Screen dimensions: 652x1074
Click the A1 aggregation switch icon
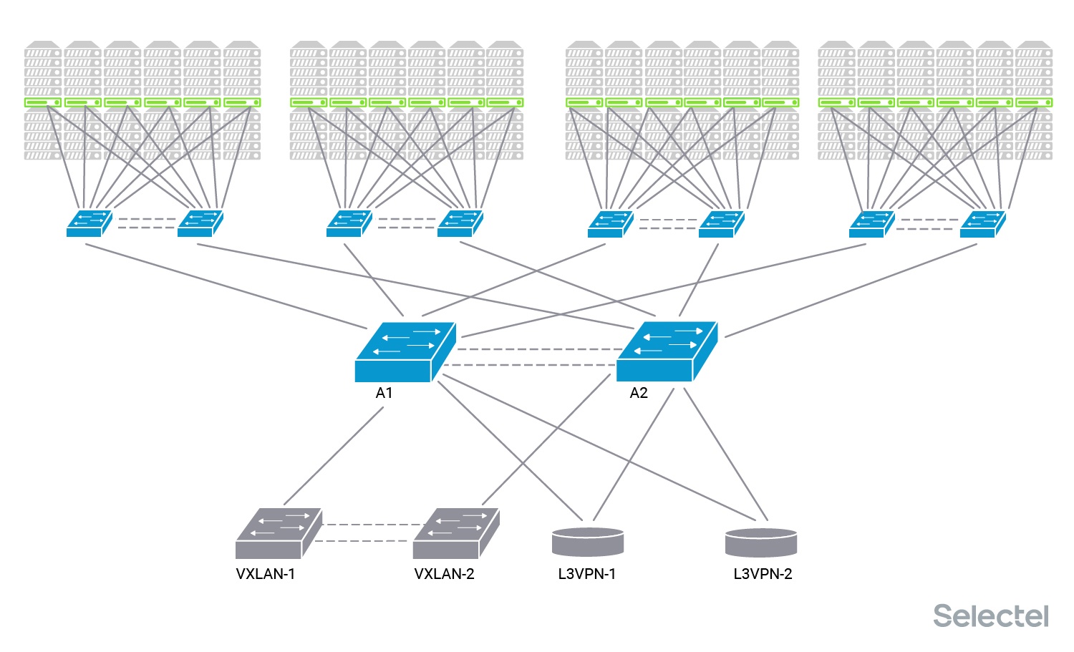pos(405,352)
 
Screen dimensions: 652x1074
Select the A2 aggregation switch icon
pos(666,352)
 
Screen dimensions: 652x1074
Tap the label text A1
pos(384,393)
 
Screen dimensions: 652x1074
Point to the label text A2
pos(638,393)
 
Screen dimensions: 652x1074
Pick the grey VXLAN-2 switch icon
pos(455,534)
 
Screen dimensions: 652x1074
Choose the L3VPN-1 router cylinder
pos(588,542)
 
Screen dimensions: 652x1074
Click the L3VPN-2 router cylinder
pos(760,542)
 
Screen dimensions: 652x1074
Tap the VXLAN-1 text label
pos(265,574)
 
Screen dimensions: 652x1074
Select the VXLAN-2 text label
pos(444,574)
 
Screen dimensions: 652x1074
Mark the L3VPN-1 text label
pos(586,574)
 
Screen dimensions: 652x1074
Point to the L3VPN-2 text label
pos(763,574)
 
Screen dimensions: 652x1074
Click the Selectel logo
pos(990,616)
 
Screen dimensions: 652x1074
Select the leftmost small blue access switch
pos(88,224)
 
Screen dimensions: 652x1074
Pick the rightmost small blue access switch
pos(982,224)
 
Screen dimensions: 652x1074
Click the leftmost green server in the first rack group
pos(43,103)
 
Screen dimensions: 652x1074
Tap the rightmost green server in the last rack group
pos(1033,103)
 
